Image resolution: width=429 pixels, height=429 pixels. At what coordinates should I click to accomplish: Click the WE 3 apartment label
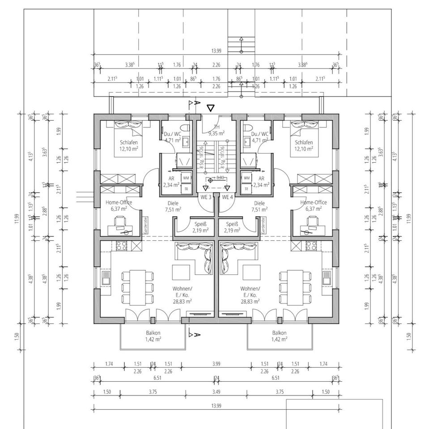coord(206,197)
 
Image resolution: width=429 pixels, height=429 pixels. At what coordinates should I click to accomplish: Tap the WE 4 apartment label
coord(228,197)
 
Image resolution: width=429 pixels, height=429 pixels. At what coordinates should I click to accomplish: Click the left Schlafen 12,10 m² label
coord(128,145)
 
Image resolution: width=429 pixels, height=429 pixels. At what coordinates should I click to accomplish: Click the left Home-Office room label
coord(119,205)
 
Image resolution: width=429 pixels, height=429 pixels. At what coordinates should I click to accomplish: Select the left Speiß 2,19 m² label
coord(200,227)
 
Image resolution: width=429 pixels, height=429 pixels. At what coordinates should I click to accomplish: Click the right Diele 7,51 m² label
coord(259,206)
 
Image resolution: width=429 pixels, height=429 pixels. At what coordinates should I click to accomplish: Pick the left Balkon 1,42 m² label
coord(153,336)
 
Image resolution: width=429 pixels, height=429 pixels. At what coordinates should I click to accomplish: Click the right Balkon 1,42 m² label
coord(279,336)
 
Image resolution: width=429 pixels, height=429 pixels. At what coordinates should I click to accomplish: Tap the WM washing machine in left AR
coord(185,178)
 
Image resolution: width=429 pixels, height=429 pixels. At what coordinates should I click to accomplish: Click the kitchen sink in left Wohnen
coord(106,277)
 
